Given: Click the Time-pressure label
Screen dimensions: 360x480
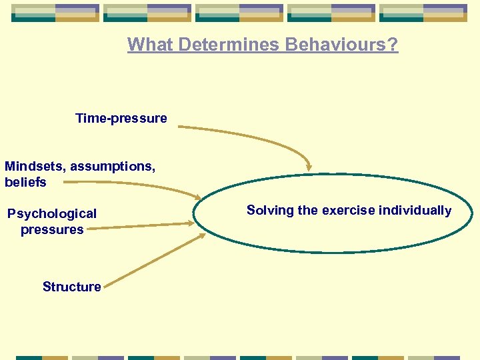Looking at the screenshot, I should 121,119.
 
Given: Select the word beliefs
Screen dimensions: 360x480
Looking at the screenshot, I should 25,182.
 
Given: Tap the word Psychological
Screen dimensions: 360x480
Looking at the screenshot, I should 52,213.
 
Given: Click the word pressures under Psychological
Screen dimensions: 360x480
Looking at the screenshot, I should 52,229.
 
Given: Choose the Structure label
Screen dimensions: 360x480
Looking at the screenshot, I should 71,287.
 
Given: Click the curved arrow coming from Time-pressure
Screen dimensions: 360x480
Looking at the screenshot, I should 253,137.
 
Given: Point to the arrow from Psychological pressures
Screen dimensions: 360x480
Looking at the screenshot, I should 140,227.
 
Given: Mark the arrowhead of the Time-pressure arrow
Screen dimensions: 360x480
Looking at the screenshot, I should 308,165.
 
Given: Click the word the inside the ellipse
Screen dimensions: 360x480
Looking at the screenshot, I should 308,210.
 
